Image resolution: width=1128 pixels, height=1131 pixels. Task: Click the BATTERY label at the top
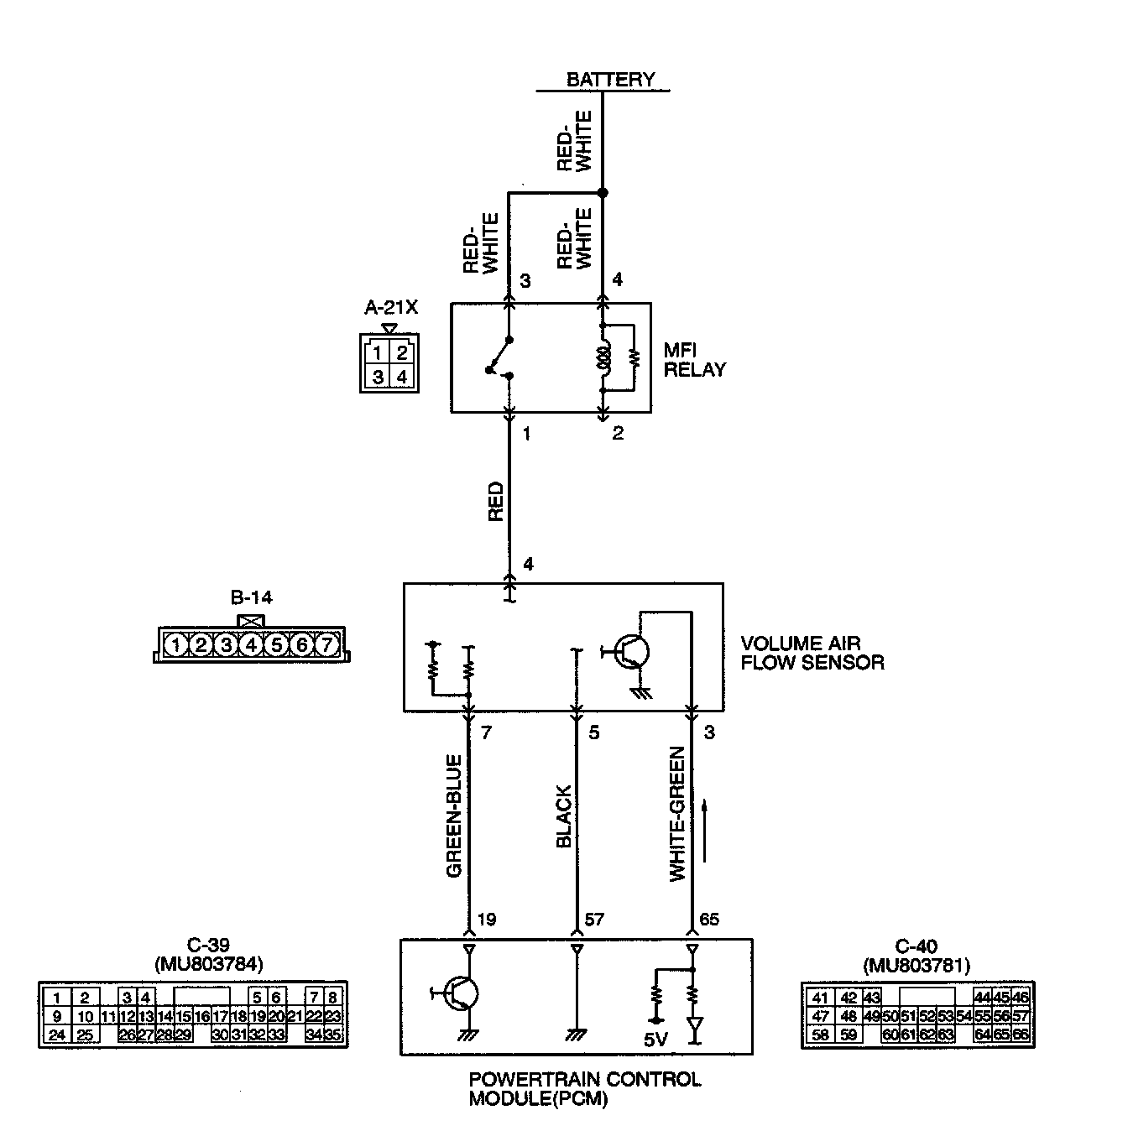[610, 80]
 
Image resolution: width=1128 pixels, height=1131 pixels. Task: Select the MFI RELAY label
[694, 360]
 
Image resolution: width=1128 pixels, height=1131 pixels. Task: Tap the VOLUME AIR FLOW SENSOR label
[812, 653]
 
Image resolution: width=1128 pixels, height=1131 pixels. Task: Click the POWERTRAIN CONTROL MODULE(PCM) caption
[584, 1088]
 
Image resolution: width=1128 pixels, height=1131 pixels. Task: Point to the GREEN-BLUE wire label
[455, 816]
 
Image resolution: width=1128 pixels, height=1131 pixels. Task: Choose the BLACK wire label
[564, 816]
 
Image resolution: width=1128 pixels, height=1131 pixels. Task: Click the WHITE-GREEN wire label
[677, 814]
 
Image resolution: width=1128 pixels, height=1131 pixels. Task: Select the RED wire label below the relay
[495, 501]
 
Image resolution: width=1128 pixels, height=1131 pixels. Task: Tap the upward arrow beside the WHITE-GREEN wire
[703, 831]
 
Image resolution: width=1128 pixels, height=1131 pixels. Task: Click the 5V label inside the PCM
[655, 1040]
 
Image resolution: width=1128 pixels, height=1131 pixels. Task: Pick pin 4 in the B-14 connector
[252, 645]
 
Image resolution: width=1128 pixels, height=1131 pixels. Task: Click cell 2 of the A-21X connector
[402, 352]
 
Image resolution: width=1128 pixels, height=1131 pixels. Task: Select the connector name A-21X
[390, 308]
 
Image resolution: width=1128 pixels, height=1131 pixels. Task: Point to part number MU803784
[209, 966]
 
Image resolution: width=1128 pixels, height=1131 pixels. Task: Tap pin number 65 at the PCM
[709, 920]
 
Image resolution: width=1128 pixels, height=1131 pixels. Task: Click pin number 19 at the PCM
[486, 920]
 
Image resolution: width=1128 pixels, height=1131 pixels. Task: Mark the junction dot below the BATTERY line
[602, 193]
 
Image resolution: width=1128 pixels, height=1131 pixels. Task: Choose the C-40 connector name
[916, 947]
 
